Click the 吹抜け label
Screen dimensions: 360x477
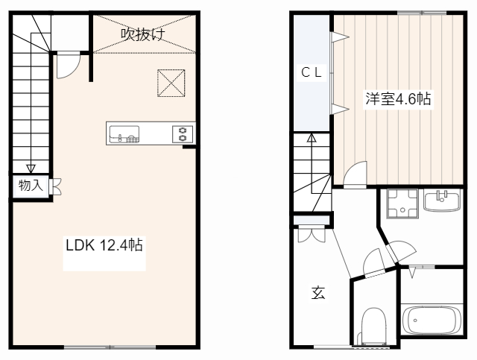click(142, 34)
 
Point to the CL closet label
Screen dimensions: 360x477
click(312, 72)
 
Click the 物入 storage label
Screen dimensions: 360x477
click(31, 186)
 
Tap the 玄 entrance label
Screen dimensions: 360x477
click(318, 293)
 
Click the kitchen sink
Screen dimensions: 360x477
click(124, 134)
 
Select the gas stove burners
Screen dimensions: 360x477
click(183, 134)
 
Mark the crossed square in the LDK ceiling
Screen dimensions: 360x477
click(171, 82)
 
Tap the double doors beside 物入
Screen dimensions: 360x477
click(55, 186)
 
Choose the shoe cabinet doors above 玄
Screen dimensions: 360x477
click(310, 234)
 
